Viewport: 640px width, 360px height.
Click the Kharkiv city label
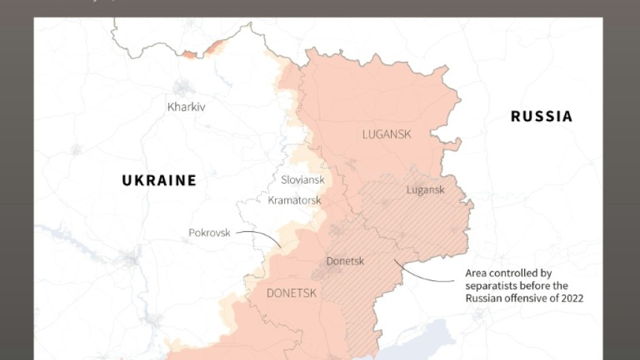click(x=186, y=107)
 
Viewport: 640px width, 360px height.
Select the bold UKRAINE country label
click(x=159, y=180)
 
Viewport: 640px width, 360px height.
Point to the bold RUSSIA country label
click(x=541, y=116)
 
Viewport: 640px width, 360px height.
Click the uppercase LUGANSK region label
click(x=387, y=134)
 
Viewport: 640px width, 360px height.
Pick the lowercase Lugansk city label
click(x=425, y=189)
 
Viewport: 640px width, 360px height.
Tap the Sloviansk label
click(x=302, y=180)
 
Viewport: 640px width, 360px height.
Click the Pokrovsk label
click(x=210, y=233)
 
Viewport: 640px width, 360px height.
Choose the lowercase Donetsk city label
click(x=345, y=261)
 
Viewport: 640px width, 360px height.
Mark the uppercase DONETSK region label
click(x=291, y=293)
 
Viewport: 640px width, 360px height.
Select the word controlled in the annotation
click(x=514, y=273)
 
